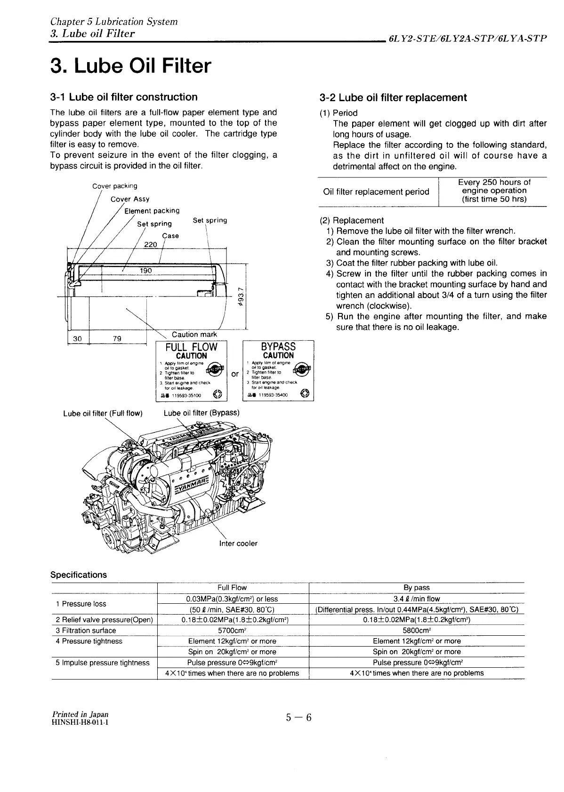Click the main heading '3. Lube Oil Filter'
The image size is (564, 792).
(x=131, y=66)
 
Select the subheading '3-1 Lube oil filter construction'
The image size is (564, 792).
(x=124, y=97)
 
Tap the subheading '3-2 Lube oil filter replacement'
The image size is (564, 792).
(x=393, y=98)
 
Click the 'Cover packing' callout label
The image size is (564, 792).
(x=115, y=186)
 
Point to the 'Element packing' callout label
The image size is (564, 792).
(x=152, y=211)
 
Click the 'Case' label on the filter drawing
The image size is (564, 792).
(x=170, y=236)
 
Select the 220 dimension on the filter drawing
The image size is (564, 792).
(x=150, y=245)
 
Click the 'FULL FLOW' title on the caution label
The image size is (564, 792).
(x=192, y=347)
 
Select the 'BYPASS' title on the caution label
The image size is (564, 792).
(x=278, y=347)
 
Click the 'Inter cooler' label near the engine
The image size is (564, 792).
(x=239, y=544)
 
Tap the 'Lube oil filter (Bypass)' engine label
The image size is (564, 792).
(x=201, y=413)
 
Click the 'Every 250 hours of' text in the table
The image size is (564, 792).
(x=494, y=183)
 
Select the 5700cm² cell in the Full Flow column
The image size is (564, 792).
(x=232, y=631)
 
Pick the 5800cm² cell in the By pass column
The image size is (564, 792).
(x=417, y=631)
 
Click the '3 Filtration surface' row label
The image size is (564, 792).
(x=86, y=631)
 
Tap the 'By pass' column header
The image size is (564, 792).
(x=417, y=588)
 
